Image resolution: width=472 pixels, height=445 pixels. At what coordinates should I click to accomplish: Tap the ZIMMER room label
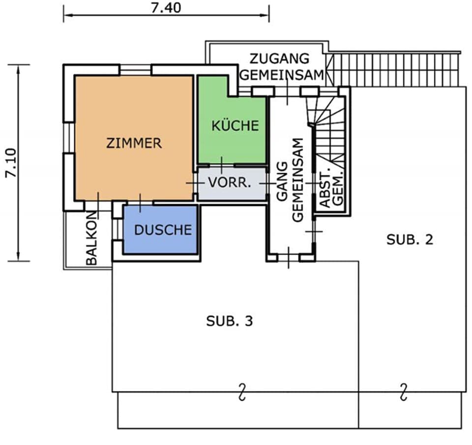click(x=134, y=143)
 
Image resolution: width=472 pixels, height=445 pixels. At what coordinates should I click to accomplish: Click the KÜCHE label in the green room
click(x=235, y=125)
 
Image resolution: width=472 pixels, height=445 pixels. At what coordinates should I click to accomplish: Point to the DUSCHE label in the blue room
click(x=163, y=230)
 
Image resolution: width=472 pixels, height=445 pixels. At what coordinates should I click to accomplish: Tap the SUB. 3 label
click(x=230, y=321)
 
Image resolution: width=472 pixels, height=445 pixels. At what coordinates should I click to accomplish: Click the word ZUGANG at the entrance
click(x=279, y=59)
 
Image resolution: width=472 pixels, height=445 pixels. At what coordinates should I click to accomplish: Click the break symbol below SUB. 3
click(x=241, y=392)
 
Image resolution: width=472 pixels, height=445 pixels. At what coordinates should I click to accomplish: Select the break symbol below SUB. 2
click(x=404, y=392)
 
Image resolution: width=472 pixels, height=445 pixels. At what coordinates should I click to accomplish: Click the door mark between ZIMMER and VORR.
click(x=195, y=182)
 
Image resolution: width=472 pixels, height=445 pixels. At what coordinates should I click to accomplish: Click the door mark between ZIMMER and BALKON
click(x=98, y=202)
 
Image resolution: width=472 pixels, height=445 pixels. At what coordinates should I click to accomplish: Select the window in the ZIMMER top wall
click(x=136, y=70)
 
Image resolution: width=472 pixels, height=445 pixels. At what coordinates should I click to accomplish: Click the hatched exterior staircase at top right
click(x=393, y=69)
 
